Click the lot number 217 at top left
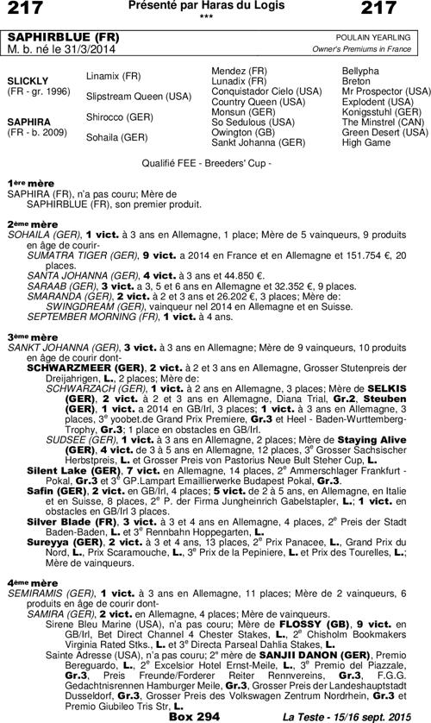coord(25,9)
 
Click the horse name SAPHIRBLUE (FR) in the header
coord(52,40)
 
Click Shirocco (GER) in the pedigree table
coord(119,116)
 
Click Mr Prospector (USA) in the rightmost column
coord(385,91)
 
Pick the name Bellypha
coord(360,69)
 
